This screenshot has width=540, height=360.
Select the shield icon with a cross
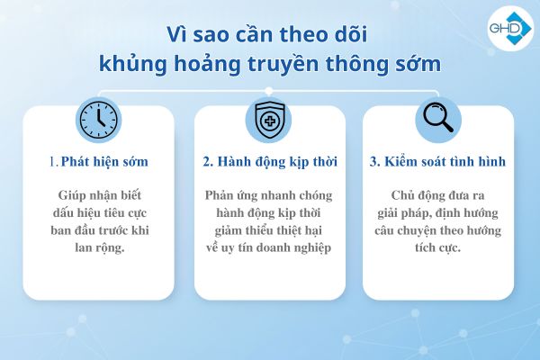click(x=270, y=118)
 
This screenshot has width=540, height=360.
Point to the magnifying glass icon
click(x=439, y=118)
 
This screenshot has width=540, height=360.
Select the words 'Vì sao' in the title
click(x=196, y=35)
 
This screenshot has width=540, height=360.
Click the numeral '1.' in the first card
click(x=55, y=163)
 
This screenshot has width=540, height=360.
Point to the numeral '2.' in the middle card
click(x=208, y=163)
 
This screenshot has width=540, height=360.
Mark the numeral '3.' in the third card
click(x=375, y=163)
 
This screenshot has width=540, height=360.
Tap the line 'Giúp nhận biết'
click(x=100, y=194)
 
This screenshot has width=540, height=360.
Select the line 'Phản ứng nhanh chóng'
click(x=269, y=194)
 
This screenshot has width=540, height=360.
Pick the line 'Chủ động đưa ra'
click(x=438, y=194)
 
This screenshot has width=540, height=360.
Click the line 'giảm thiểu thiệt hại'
click(x=269, y=230)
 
